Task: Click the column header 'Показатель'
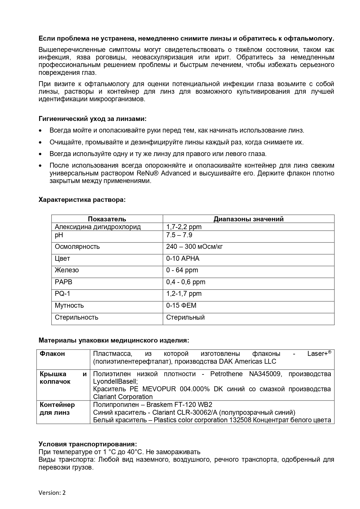pyautogui.click(x=107, y=219)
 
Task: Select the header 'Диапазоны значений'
pyautogui.click(x=248, y=219)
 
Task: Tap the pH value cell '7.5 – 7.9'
pyautogui.click(x=179, y=235)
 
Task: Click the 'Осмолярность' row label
pyautogui.click(x=77, y=247)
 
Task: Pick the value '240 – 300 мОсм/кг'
pyautogui.click(x=194, y=247)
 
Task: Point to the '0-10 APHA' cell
pyautogui.click(x=183, y=258)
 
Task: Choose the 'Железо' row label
pyautogui.click(x=67, y=270)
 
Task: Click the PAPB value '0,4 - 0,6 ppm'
pyautogui.click(x=186, y=282)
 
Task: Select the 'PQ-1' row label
pyautogui.click(x=62, y=294)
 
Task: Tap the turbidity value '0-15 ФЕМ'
pyautogui.click(x=181, y=305)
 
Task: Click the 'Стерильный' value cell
pyautogui.click(x=185, y=317)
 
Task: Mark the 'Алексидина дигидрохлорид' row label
pyautogui.click(x=98, y=227)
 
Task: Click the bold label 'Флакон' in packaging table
pyautogui.click(x=52, y=354)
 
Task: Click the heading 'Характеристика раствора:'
pyautogui.click(x=82, y=200)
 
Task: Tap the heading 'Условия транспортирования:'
pyautogui.click(x=88, y=444)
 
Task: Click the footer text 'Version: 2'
pyautogui.click(x=52, y=493)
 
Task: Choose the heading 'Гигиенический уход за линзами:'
pyautogui.click(x=93, y=119)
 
